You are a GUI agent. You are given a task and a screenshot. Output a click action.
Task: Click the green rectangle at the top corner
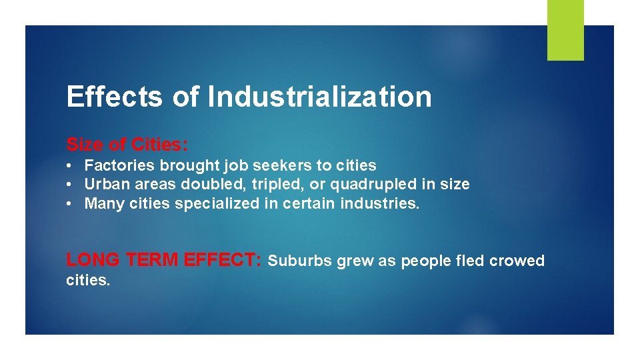click(x=565, y=30)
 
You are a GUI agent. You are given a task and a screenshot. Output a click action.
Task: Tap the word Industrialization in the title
click(x=319, y=97)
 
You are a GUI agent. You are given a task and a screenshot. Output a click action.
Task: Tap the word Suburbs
click(x=299, y=261)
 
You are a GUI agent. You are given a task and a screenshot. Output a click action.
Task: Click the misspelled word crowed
click(x=517, y=261)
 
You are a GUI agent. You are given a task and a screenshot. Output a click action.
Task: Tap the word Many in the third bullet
click(x=101, y=203)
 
